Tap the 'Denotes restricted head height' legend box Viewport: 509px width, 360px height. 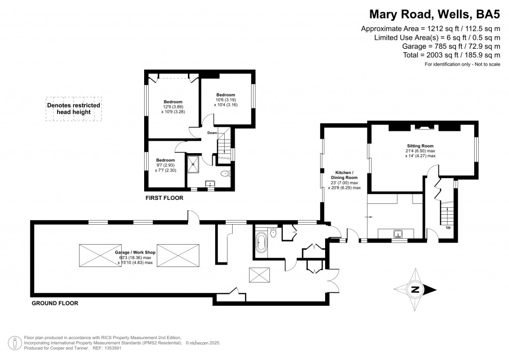coord(74,108)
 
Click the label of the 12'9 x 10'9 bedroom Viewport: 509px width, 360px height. coord(173,102)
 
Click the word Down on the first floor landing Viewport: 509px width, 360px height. coord(212,133)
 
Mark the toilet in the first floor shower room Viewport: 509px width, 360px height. coord(225,174)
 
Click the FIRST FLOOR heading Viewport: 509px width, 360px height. coord(164,198)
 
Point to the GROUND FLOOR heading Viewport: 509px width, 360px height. coord(55,303)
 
